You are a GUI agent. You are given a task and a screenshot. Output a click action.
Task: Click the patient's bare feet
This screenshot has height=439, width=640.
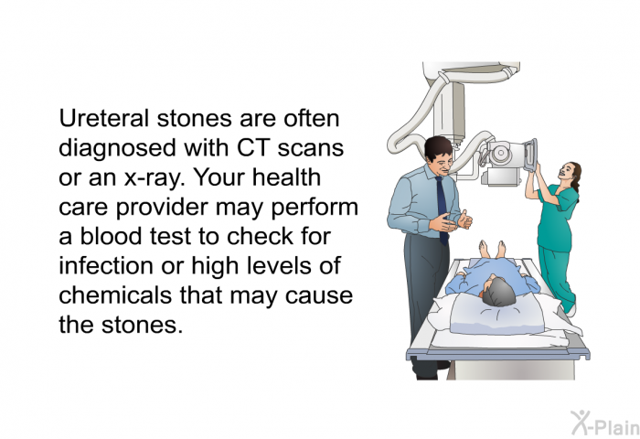[493, 248]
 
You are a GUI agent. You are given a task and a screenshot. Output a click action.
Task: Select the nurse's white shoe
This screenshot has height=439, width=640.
[572, 308]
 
